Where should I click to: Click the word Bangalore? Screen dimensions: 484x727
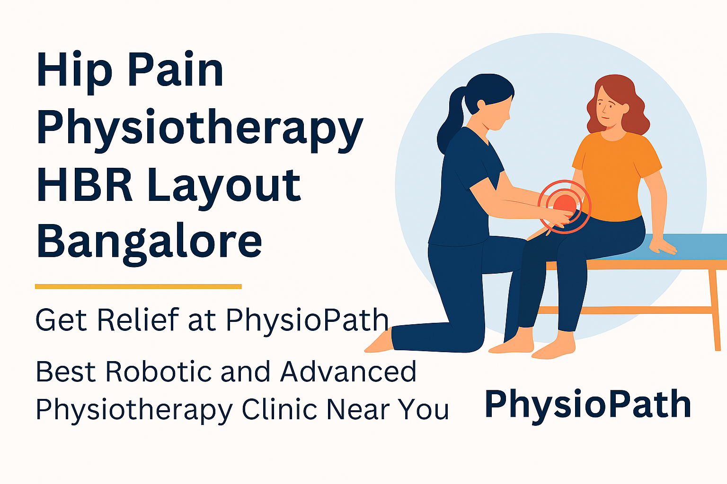(x=149, y=242)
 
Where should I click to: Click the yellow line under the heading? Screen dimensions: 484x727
(x=138, y=286)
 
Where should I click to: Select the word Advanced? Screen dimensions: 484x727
(x=348, y=372)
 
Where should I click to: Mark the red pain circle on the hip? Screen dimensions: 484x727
(x=564, y=206)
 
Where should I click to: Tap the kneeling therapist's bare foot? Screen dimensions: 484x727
(x=379, y=343)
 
